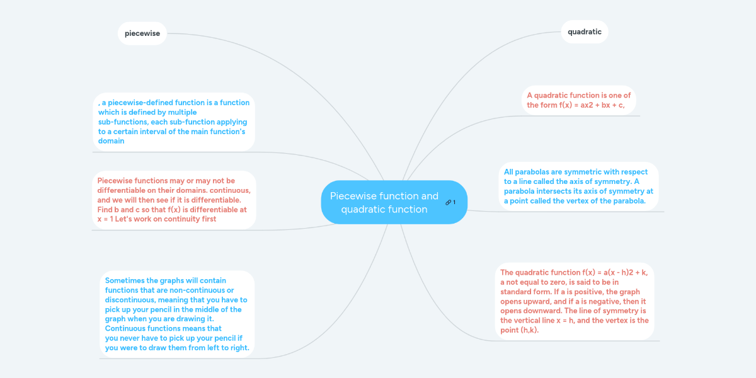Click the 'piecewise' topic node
[x=142, y=33]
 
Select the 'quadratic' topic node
[x=585, y=31]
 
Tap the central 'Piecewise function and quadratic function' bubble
[x=394, y=202]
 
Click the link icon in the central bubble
[x=448, y=202]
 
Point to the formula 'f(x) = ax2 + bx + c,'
[x=592, y=105]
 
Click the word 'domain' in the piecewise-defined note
[x=111, y=140]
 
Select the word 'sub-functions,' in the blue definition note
[x=123, y=122]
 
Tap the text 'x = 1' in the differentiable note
[x=105, y=219]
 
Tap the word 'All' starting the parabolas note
[x=508, y=172]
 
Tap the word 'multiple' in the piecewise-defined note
[x=182, y=112]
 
